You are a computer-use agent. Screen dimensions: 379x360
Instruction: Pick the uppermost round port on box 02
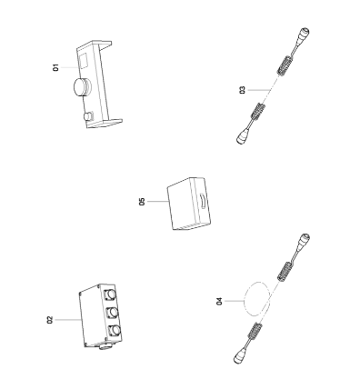(x=112, y=294)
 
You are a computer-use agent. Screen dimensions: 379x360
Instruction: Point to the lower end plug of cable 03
(x=245, y=136)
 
